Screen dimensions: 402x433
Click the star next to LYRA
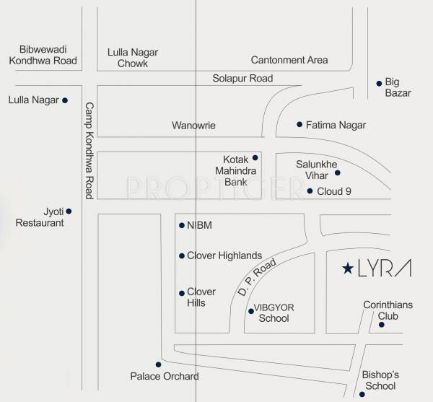click(x=347, y=269)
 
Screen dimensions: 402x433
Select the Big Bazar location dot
click(x=380, y=83)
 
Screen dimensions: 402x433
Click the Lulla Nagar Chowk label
click(x=133, y=58)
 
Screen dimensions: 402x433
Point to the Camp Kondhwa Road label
click(x=89, y=150)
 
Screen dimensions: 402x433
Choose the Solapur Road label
click(x=242, y=78)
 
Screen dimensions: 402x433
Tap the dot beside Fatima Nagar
click(x=299, y=124)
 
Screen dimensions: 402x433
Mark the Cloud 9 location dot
click(x=310, y=191)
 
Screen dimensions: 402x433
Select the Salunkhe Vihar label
click(x=316, y=169)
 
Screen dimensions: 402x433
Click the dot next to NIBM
click(x=181, y=226)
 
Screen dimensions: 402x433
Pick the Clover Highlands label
click(x=224, y=255)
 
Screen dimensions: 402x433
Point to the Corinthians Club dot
click(x=381, y=325)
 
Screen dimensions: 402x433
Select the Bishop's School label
click(x=381, y=380)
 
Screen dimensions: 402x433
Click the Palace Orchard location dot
click(x=159, y=364)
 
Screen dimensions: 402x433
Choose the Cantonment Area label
click(x=289, y=60)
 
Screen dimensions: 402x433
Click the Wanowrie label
click(x=193, y=126)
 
